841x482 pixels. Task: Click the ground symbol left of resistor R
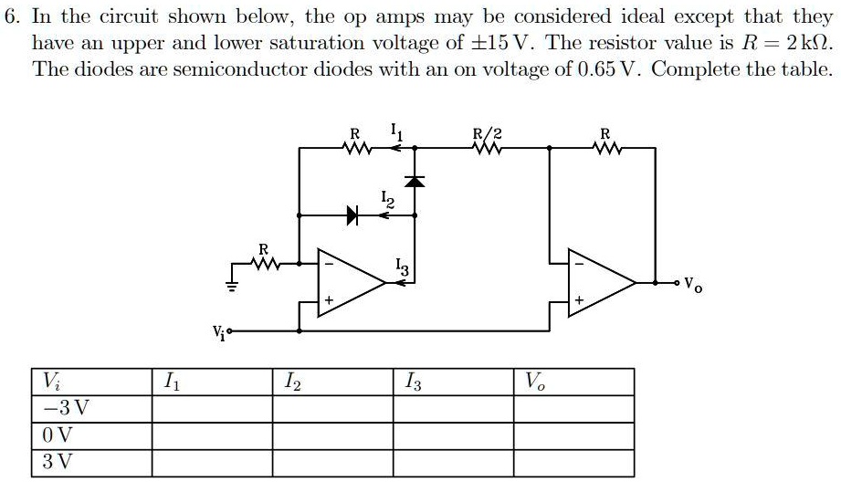[x=233, y=283]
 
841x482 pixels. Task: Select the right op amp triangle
[x=599, y=283]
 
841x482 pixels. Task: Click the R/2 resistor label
[x=486, y=132]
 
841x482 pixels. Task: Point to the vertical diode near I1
[x=415, y=181]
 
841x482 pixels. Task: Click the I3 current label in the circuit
[x=404, y=267]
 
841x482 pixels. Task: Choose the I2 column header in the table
[x=289, y=380]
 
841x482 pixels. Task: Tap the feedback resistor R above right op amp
[x=604, y=144]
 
